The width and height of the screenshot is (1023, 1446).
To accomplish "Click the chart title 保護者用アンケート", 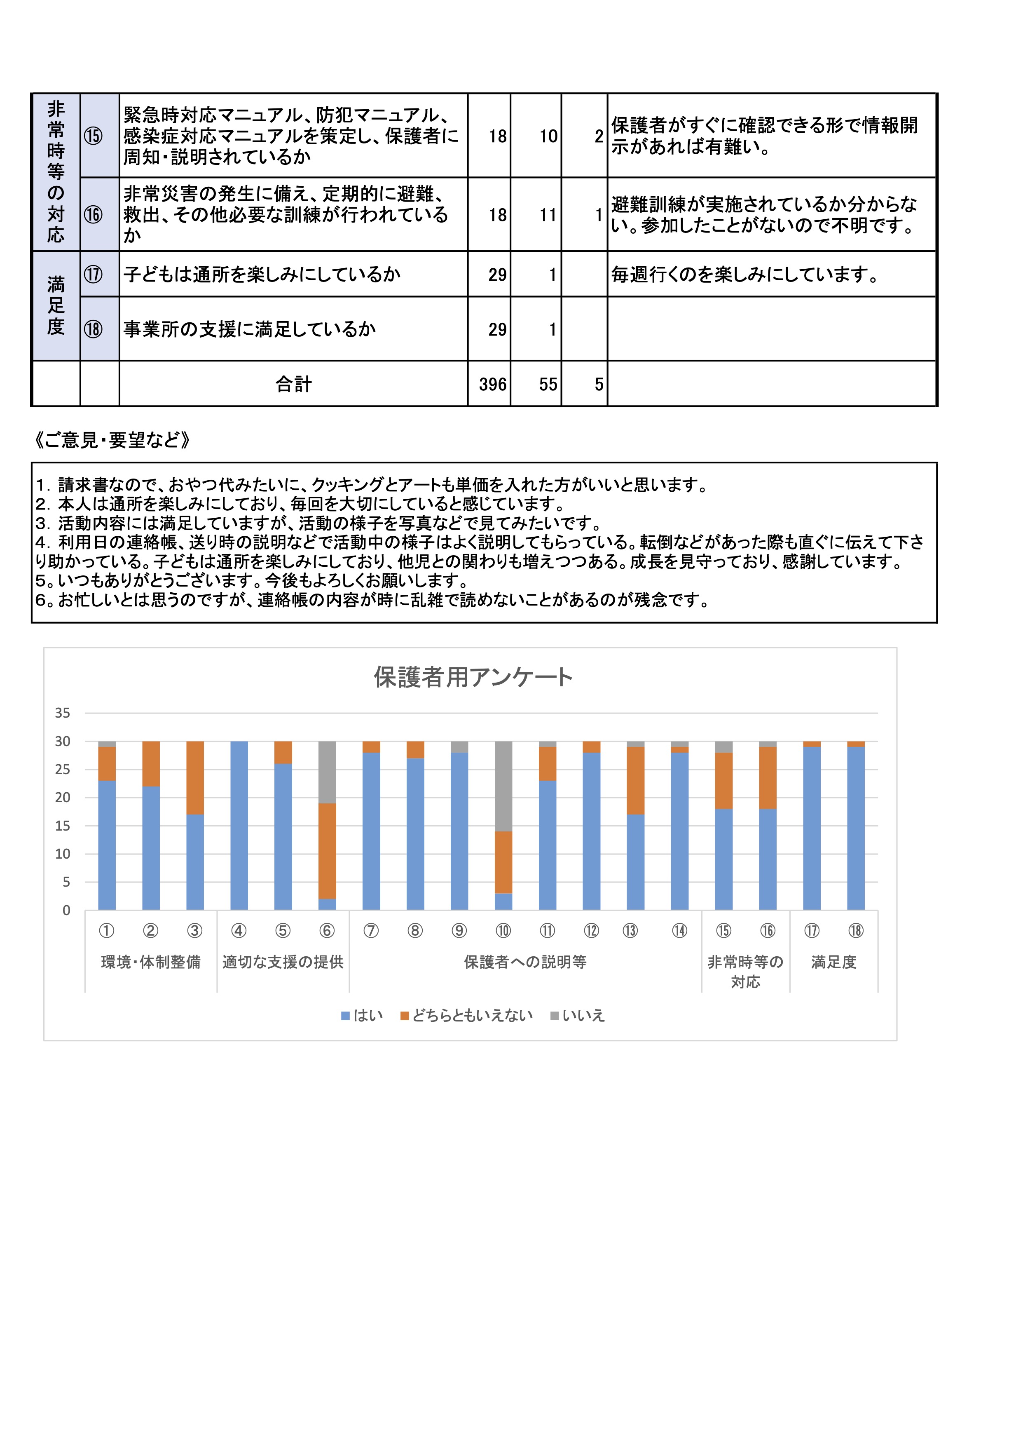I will coord(473,677).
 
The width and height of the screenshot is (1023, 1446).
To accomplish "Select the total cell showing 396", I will coord(492,384).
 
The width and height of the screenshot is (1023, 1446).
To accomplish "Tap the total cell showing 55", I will coord(548,384).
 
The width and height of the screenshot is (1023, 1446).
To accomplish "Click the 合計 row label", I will coord(293,384).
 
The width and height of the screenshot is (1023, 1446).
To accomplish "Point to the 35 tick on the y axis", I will coord(62,713).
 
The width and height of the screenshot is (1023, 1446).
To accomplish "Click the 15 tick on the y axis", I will coord(62,825).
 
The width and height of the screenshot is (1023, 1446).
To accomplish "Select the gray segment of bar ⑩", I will coord(503,786).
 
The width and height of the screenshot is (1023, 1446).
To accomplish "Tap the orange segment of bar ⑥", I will coord(327,851).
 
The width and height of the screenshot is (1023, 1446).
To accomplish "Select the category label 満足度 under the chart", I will coord(833,962).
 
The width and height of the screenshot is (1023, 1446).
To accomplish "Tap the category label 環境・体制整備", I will coord(150,962).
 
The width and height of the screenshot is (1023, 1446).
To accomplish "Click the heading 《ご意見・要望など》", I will coord(112,440).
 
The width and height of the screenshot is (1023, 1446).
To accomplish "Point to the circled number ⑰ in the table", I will coord(93,274).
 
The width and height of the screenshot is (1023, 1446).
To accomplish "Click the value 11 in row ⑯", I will coord(548,215).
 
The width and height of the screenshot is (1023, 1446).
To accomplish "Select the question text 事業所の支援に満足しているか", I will coord(249,329).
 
